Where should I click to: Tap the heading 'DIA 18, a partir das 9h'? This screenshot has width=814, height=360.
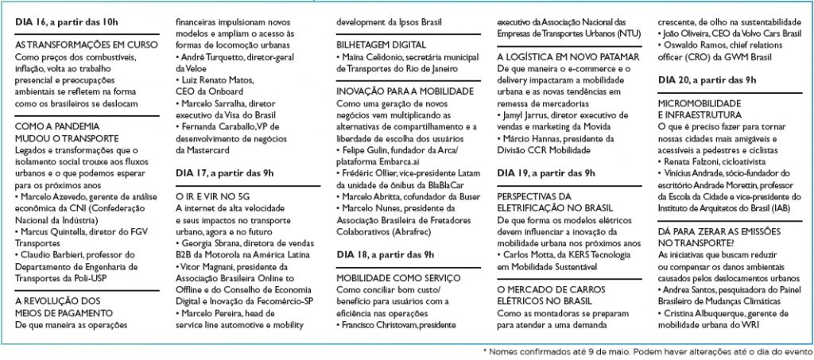coord(386,254)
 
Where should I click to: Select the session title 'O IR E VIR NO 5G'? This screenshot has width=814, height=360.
coord(209,193)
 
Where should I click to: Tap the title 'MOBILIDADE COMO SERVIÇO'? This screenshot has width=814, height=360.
coord(398,277)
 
